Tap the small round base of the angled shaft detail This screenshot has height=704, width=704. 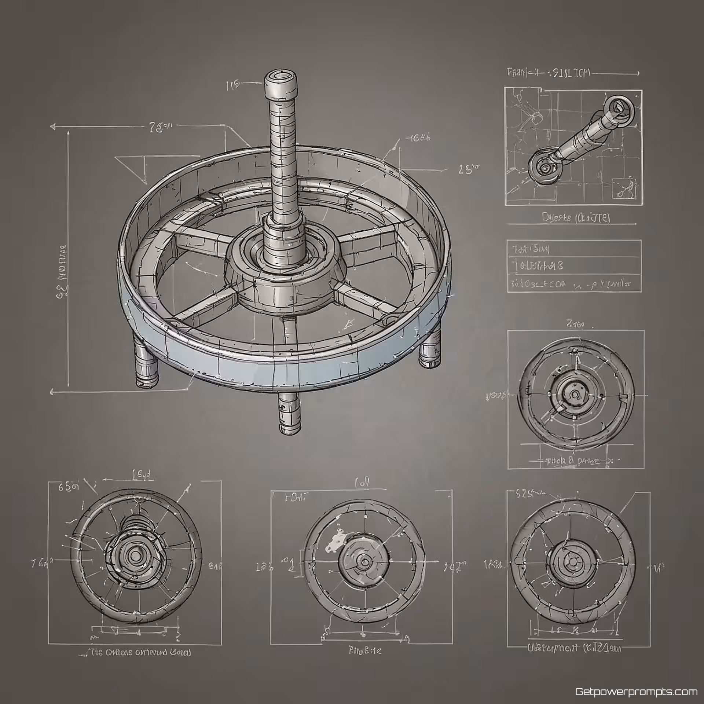point(544,167)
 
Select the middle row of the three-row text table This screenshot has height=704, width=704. point(574,266)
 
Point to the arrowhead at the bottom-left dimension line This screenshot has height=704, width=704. point(52,392)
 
